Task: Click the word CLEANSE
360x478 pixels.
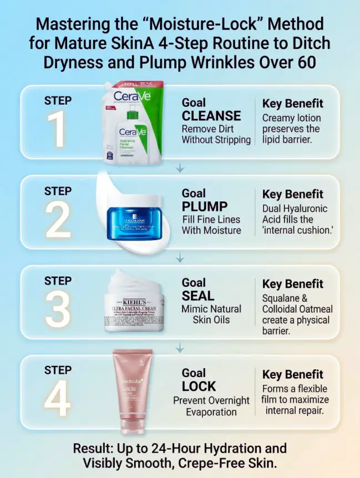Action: (211, 116)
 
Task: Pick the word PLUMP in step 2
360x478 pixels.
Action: (205, 206)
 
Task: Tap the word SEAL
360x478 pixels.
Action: (198, 296)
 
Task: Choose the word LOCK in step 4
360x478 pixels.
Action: (199, 386)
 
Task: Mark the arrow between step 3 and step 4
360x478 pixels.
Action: (180, 348)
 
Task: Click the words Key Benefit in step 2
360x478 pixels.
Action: (292, 194)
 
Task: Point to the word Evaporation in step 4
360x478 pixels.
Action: (211, 412)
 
